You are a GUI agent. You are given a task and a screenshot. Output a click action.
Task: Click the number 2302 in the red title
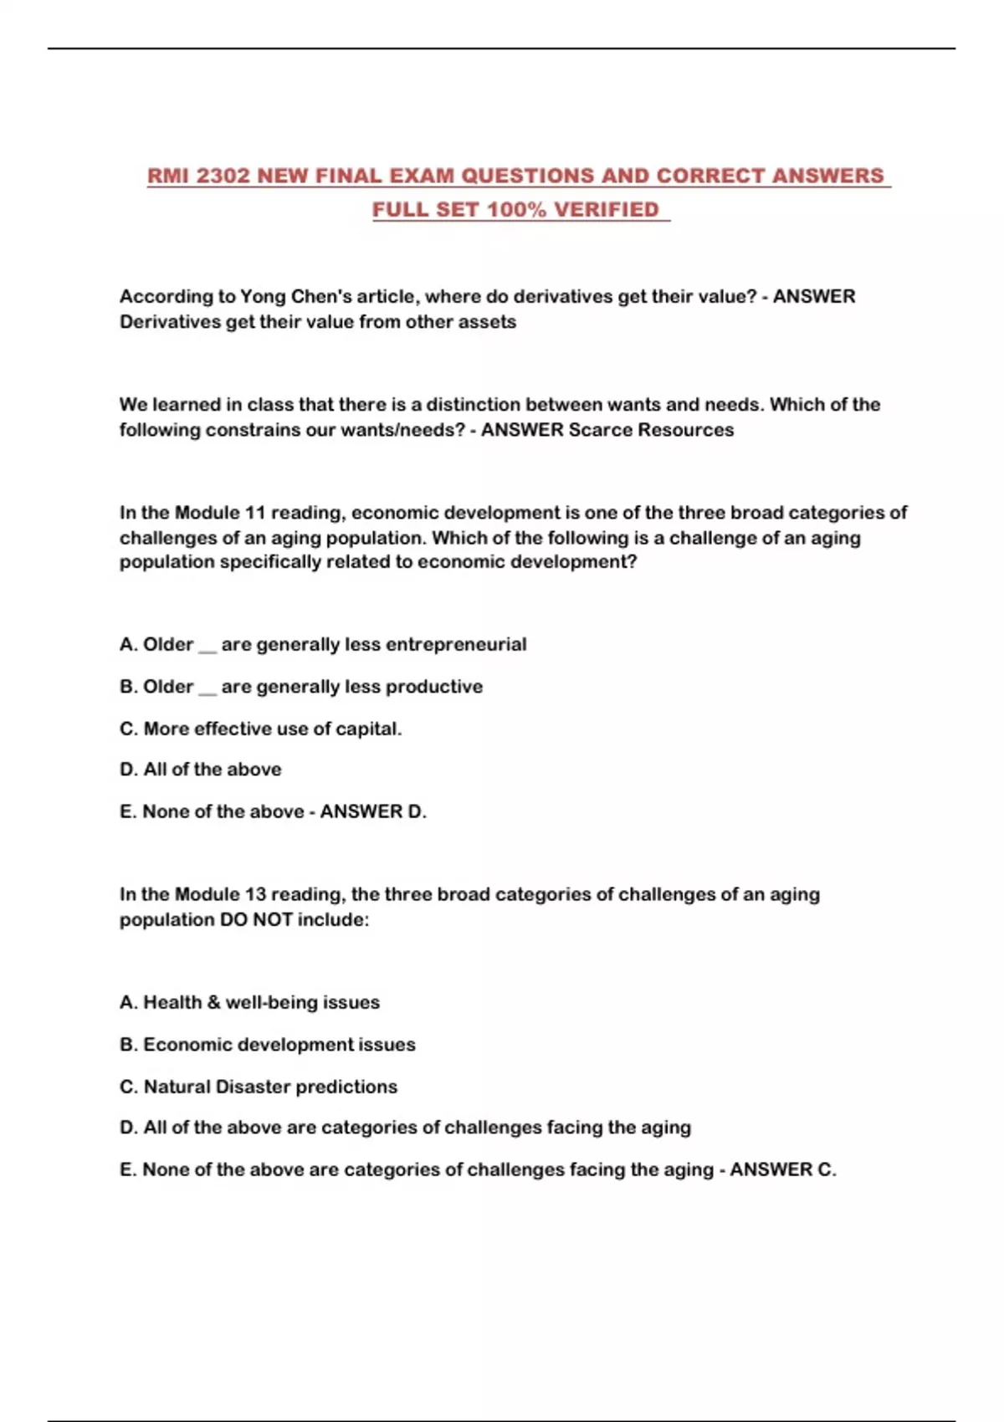223,176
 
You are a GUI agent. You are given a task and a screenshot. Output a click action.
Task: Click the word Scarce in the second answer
600,430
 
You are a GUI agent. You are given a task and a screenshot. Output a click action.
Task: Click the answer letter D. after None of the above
417,811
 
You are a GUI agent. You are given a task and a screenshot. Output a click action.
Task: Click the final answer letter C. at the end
826,1169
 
